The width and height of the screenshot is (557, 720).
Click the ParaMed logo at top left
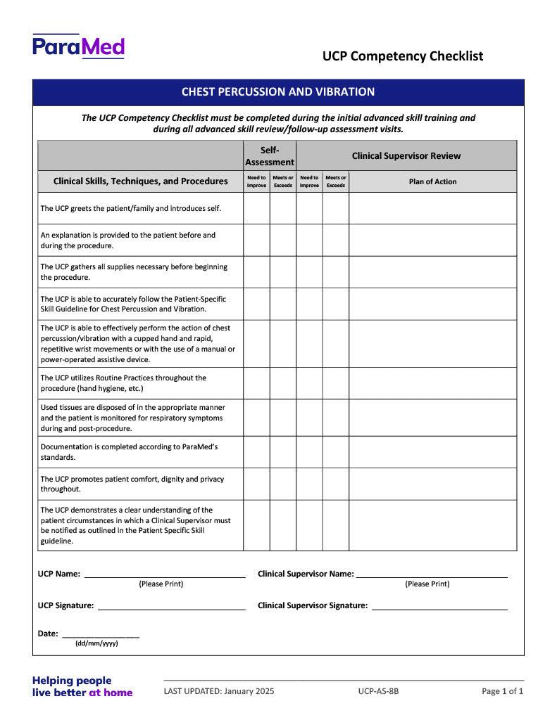(x=78, y=46)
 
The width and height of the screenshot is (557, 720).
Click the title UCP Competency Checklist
(x=403, y=56)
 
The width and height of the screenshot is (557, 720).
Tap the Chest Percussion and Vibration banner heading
(x=278, y=92)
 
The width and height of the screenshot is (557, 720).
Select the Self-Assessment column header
(x=270, y=155)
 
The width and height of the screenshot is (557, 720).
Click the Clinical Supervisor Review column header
(x=406, y=155)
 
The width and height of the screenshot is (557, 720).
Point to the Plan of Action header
(x=432, y=181)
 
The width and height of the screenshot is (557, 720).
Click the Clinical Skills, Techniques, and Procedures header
(x=140, y=181)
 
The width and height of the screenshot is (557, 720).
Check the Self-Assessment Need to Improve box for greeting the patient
(x=256, y=208)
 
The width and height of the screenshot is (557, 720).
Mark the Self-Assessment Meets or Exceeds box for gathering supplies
(x=283, y=272)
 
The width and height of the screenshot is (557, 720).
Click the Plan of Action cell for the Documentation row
(x=432, y=452)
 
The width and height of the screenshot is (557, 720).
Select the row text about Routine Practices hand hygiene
(x=123, y=383)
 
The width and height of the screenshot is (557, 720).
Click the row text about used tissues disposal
(x=132, y=418)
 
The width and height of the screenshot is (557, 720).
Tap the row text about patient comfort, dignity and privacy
(x=132, y=484)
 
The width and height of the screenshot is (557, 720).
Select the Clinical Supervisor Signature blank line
(x=439, y=605)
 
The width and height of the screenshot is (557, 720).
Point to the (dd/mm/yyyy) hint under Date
(x=96, y=643)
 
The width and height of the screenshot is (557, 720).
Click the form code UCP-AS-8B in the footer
(x=378, y=691)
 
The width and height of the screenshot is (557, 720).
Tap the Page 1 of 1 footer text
(x=502, y=691)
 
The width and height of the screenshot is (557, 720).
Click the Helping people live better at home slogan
(x=82, y=686)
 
